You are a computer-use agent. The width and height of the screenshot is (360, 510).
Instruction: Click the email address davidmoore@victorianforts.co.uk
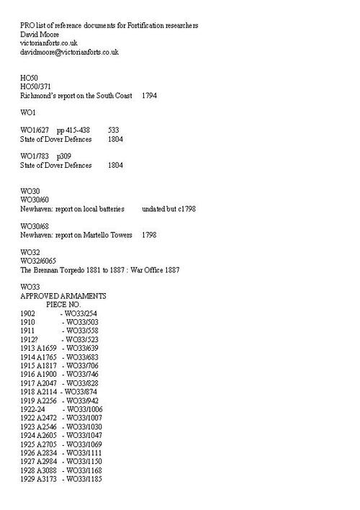click(x=69, y=52)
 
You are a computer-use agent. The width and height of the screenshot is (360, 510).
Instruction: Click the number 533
click(x=114, y=130)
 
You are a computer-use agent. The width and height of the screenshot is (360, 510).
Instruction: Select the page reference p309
click(x=64, y=156)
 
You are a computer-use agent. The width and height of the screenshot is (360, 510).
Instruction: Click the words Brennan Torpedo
click(x=61, y=269)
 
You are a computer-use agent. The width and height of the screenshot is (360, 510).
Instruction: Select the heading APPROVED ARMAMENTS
click(x=63, y=295)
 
